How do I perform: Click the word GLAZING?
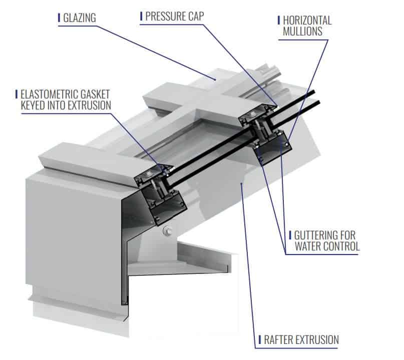(79, 17)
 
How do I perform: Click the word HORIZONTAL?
(307, 20)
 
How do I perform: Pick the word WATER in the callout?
(309, 246)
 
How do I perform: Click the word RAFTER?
(281, 340)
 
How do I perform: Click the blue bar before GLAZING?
(60, 17)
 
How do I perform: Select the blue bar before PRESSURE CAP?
(142, 16)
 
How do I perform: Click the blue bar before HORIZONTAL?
(278, 20)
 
